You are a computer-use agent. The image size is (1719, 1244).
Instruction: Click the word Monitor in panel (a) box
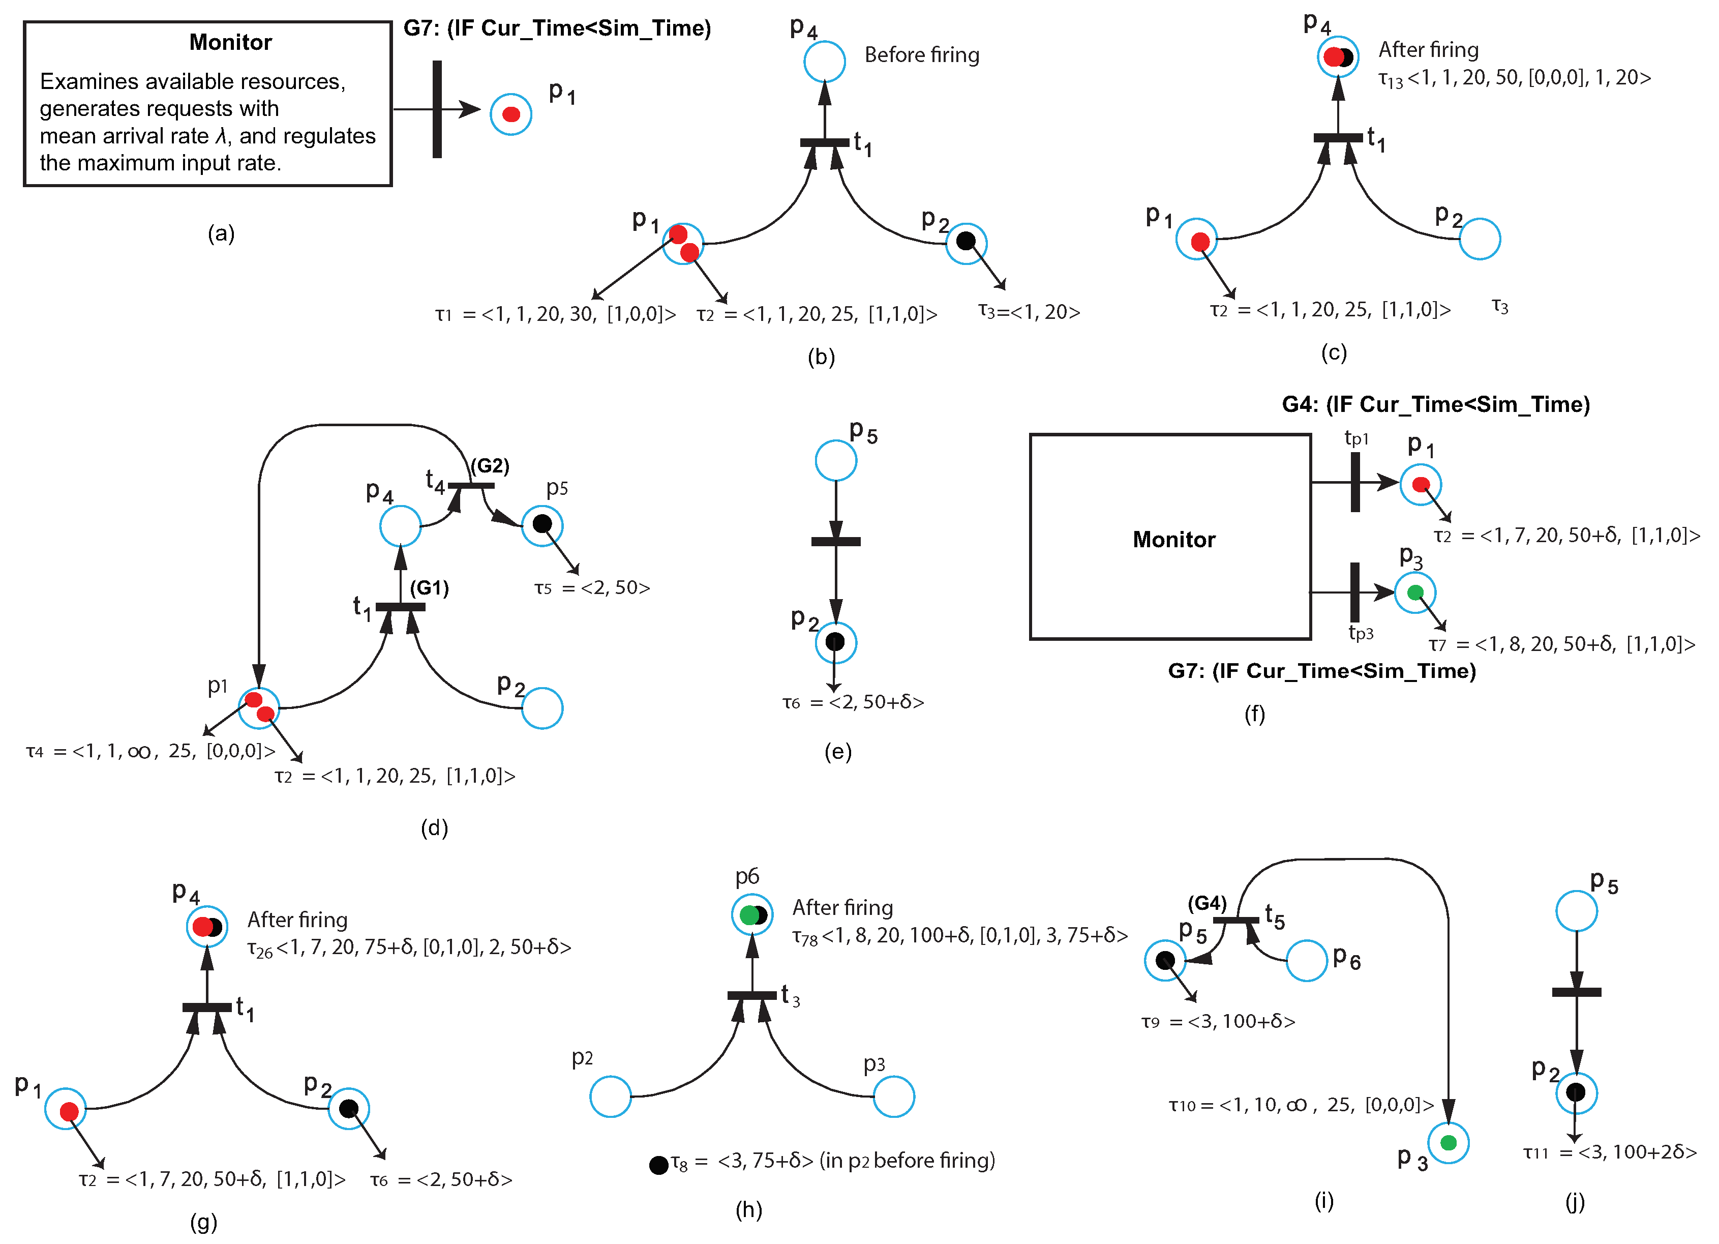pos(230,42)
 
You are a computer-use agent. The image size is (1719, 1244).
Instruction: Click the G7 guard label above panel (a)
pos(557,29)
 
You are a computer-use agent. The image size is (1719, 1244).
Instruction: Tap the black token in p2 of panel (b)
pos(966,241)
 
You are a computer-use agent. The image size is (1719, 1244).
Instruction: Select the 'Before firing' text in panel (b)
pos(922,55)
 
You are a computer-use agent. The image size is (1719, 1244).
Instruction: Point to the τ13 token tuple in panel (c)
pos(1514,78)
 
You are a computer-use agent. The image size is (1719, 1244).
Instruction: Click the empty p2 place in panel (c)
pos(1480,239)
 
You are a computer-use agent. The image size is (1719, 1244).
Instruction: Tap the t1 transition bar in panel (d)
pos(400,606)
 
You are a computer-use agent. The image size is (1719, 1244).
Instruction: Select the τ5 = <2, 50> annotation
pos(592,588)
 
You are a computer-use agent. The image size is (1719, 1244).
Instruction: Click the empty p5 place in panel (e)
pos(835,460)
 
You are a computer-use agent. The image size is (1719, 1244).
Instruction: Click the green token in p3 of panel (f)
pos(1414,593)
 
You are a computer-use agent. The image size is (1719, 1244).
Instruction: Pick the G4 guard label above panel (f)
pos(1435,405)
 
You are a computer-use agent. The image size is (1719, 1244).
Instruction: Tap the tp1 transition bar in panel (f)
pos(1355,482)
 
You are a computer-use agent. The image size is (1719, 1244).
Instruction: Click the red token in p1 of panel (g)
pos(69,1111)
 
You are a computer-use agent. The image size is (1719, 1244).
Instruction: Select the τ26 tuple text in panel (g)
pos(409,947)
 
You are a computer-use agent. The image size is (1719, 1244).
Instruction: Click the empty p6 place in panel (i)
pos(1307,961)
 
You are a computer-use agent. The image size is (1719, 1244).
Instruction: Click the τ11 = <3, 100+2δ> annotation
pos(1610,1153)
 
